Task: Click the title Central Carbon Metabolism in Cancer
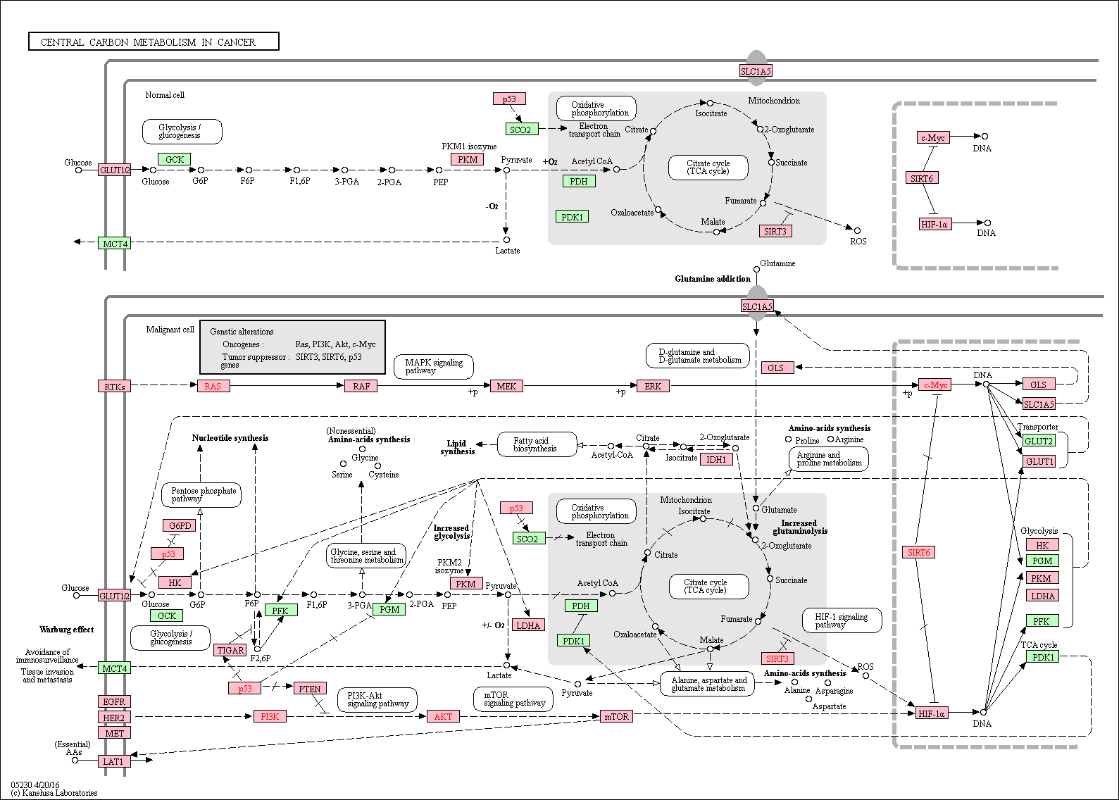click(148, 42)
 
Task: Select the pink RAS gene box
click(213, 386)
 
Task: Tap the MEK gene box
click(506, 386)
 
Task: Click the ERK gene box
click(653, 386)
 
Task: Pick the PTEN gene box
click(310, 689)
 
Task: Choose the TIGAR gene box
click(230, 650)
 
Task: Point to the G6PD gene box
click(180, 525)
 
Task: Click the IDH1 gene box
click(716, 459)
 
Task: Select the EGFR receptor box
click(114, 701)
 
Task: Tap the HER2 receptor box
click(114, 718)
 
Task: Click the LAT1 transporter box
click(113, 761)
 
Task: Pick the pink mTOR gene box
click(616, 717)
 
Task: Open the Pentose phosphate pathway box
click(201, 494)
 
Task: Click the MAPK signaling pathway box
click(433, 367)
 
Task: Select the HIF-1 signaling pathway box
click(842, 620)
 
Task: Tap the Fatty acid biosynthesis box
click(537, 444)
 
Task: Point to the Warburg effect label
click(66, 630)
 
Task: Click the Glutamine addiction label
click(713, 279)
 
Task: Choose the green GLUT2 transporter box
click(1039, 441)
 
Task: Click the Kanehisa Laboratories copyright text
click(54, 793)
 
